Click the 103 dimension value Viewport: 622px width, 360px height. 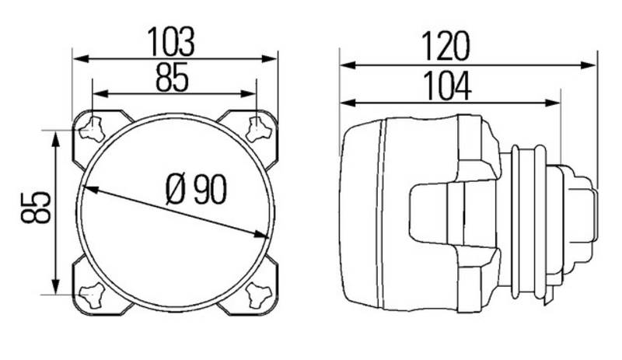(171, 41)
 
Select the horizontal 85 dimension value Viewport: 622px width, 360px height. (172, 78)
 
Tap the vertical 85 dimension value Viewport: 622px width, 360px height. (36, 207)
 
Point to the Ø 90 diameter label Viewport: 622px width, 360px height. (196, 189)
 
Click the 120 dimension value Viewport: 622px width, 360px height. (446, 46)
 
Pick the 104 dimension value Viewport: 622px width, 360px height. (448, 86)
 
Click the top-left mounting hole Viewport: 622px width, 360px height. (93, 129)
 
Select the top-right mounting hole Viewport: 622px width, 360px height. (258, 129)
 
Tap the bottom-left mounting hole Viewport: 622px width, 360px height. (92, 295)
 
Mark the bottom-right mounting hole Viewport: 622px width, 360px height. (258, 295)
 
